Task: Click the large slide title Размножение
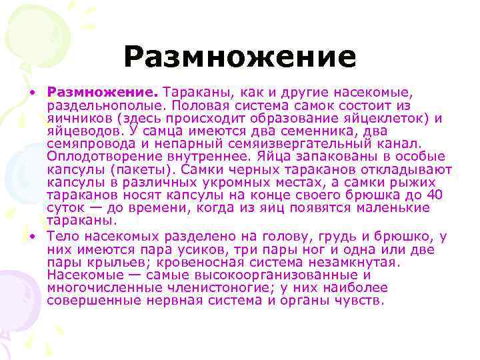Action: click(x=240, y=57)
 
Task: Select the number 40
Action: click(x=434, y=195)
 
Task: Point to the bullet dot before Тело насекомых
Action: click(x=31, y=237)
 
